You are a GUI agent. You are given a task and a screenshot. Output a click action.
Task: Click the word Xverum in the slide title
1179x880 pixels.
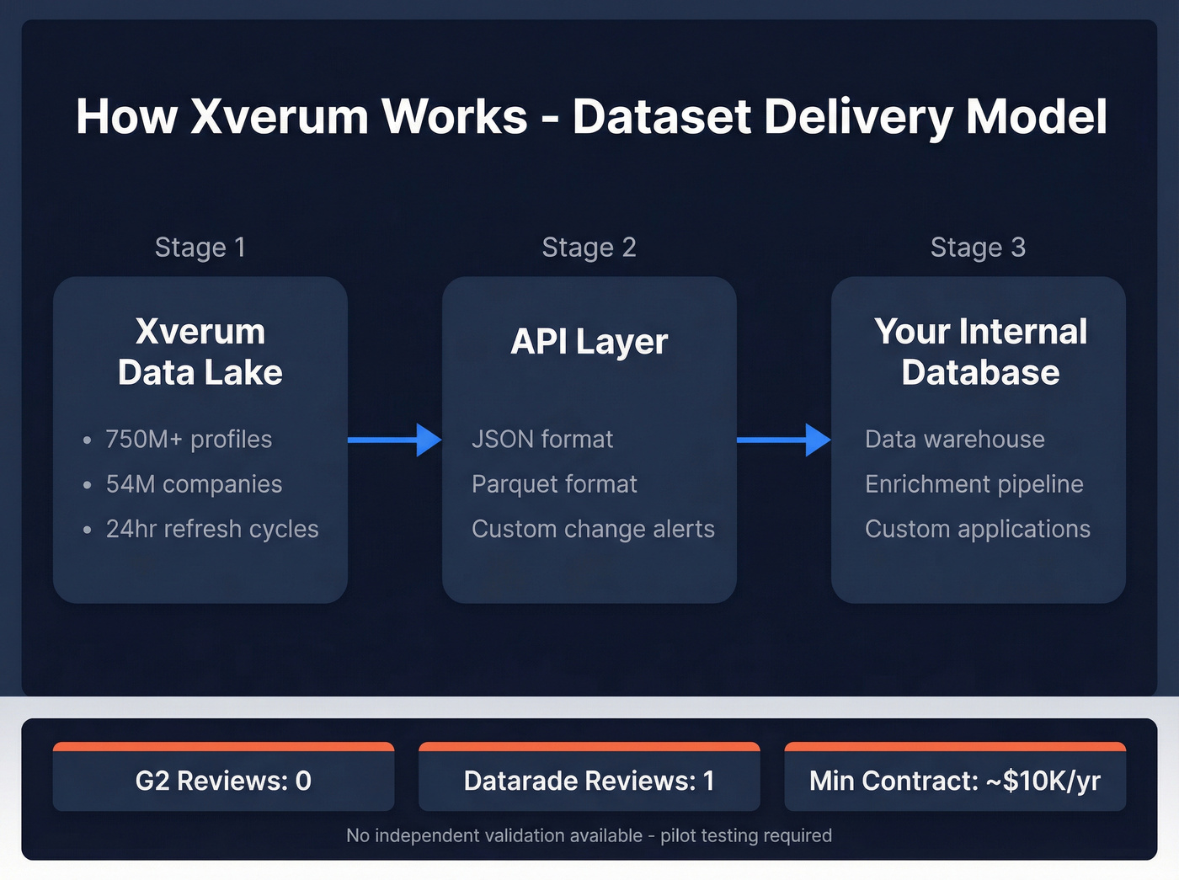279,116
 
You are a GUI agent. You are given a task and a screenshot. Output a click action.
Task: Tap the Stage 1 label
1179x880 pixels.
200,248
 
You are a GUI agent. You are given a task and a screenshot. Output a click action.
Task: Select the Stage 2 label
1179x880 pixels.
589,248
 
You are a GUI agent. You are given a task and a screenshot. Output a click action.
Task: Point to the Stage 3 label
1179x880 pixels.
978,248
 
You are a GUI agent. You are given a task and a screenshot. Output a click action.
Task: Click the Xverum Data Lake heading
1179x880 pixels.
200,352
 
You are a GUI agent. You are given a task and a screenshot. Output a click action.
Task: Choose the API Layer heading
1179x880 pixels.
589,342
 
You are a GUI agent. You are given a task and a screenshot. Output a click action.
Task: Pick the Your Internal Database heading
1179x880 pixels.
980,352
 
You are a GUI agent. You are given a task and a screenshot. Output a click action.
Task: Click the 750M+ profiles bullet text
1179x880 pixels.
189,440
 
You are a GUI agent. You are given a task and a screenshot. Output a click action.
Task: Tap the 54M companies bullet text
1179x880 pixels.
194,484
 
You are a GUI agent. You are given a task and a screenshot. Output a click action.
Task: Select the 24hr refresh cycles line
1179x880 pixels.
212,529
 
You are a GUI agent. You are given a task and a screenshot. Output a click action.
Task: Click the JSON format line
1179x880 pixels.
542,440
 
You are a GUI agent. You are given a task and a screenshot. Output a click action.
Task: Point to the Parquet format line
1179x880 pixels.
554,484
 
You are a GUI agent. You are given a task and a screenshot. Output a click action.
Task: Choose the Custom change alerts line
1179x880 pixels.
593,529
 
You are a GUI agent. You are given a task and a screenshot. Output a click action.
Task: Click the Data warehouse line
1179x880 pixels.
954,440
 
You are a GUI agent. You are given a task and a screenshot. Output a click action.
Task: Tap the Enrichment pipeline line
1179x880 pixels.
974,484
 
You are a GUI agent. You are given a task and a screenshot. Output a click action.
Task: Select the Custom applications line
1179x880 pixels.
977,529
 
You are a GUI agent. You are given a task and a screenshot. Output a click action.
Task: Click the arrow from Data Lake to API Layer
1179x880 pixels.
394,440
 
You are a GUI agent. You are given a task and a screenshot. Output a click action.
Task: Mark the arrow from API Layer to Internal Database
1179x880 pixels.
783,440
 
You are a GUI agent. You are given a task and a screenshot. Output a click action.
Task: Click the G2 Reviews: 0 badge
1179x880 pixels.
223,781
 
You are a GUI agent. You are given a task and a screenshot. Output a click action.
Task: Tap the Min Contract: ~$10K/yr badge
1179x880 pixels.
954,781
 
